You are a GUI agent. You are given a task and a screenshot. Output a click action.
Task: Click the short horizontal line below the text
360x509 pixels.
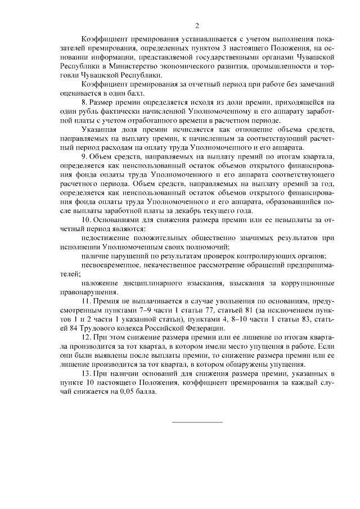(197, 421)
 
